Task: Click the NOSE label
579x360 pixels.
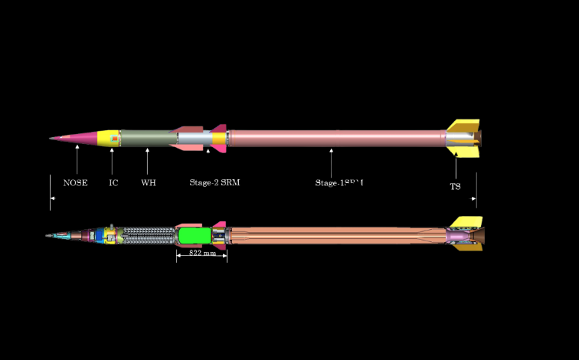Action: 75,183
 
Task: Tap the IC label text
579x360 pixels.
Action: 113,183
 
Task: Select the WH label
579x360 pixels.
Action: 148,183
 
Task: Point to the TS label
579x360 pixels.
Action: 455,186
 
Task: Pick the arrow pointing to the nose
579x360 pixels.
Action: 77,161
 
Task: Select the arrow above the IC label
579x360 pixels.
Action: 113,162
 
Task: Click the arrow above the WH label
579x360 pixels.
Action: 147,162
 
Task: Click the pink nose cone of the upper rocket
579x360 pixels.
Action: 84,139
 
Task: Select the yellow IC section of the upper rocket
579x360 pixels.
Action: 110,138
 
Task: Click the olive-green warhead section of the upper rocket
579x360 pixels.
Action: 148,139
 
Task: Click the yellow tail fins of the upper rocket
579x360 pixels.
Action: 464,127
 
